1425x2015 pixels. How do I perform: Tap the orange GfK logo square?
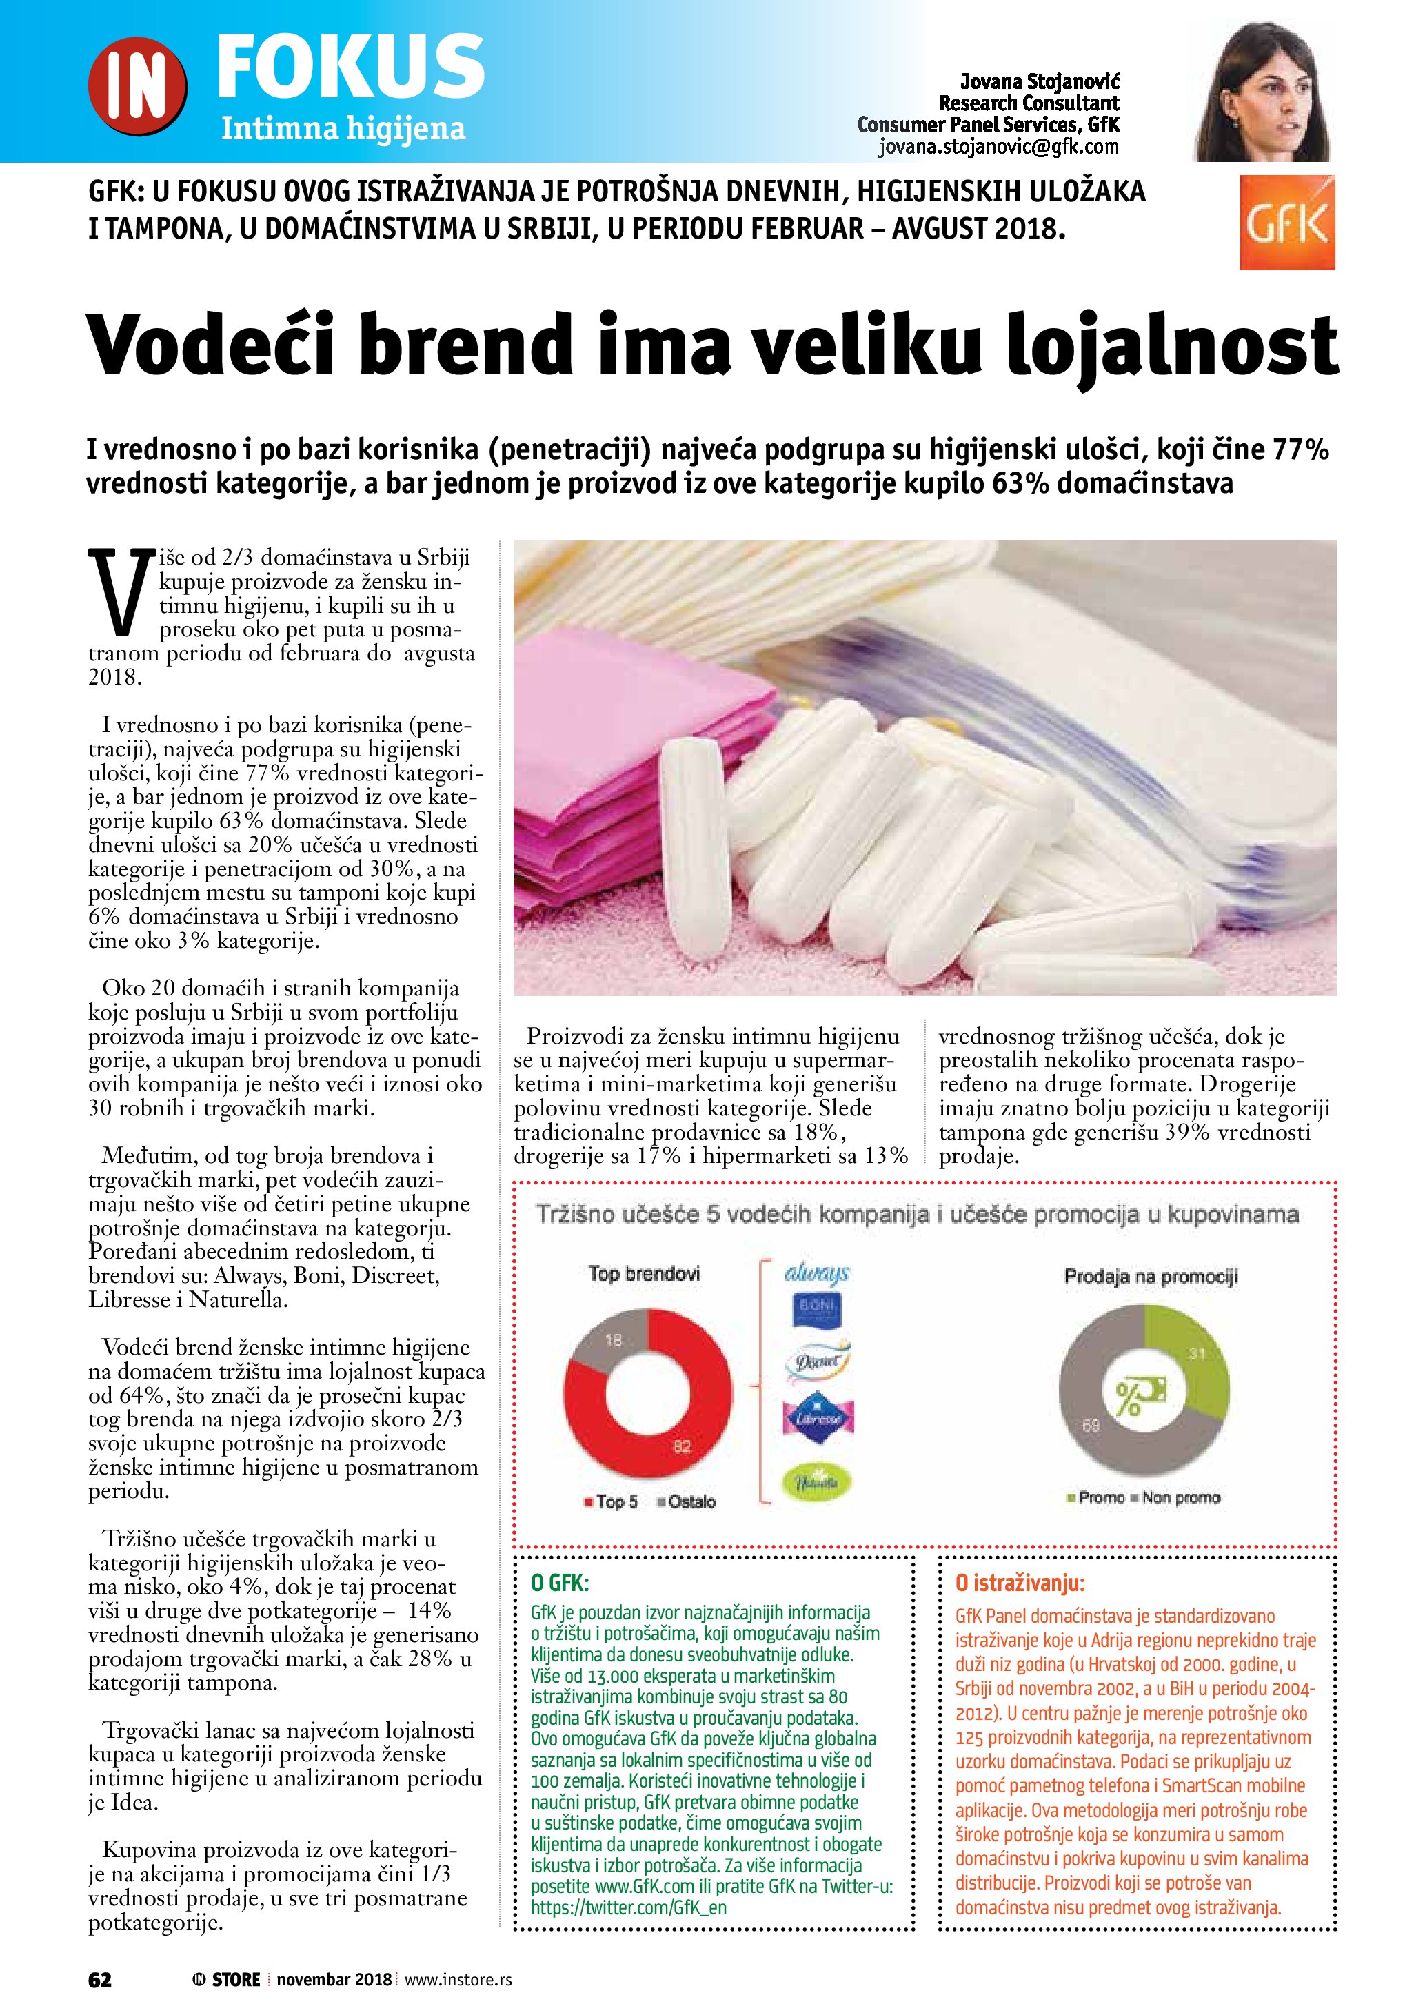coord(1286,223)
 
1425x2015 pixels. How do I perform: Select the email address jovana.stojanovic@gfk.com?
coord(998,148)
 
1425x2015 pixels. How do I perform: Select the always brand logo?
coord(817,1273)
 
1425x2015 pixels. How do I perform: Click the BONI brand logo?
coord(817,1311)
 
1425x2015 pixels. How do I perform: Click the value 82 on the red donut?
coord(682,1446)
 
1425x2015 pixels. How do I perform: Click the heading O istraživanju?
coord(1020,1583)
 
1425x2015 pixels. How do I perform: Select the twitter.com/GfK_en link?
coord(629,1907)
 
